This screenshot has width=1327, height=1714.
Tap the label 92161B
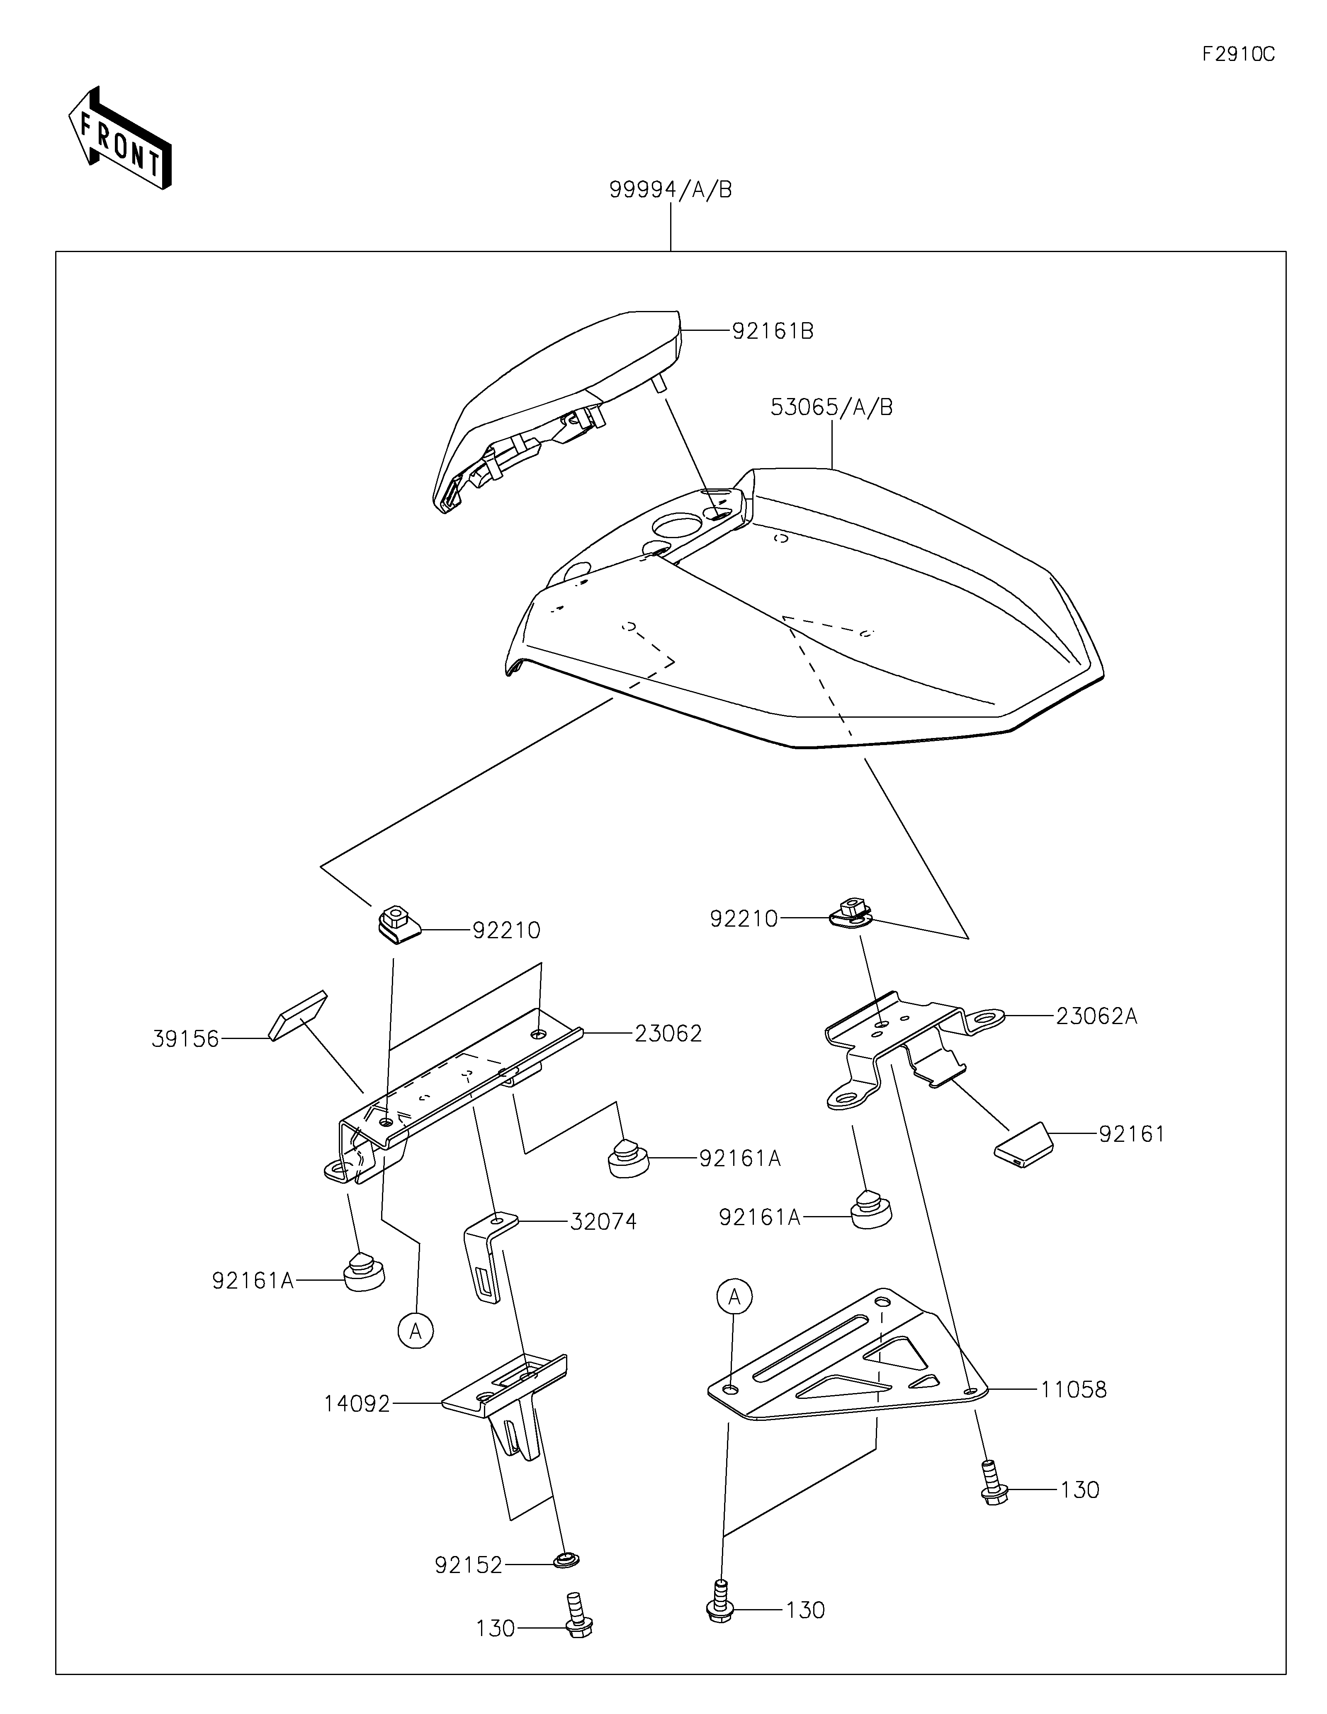pyautogui.click(x=773, y=331)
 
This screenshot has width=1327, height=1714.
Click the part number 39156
pyautogui.click(x=185, y=1039)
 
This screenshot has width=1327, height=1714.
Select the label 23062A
pyautogui.click(x=1096, y=1016)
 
